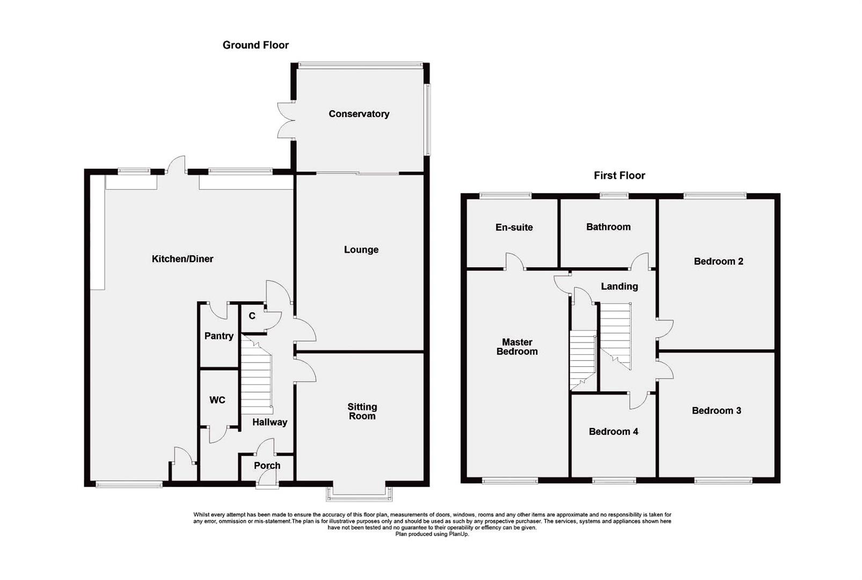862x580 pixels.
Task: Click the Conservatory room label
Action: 359,114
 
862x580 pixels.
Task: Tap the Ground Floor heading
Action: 255,45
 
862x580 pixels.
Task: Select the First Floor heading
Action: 619,175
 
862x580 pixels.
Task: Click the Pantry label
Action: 218,336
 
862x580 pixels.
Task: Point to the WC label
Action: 217,400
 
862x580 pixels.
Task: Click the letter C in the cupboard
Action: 252,316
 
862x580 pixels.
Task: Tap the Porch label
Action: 267,466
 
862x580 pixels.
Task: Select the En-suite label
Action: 514,227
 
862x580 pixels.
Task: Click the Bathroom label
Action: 608,227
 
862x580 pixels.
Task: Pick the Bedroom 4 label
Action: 613,431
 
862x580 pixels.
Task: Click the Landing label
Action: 619,286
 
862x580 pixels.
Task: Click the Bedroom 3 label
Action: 716,410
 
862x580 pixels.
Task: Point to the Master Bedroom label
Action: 516,346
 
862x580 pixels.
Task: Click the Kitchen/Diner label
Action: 182,259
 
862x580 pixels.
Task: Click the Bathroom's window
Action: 613,195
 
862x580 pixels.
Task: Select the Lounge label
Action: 361,250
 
